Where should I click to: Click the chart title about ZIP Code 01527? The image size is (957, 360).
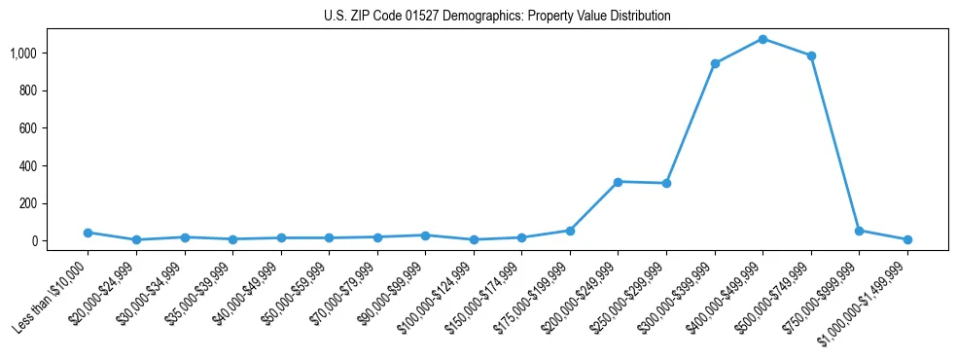coord(497,17)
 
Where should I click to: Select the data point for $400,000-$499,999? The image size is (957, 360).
coord(762,39)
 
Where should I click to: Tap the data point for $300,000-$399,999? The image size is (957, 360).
coord(715,63)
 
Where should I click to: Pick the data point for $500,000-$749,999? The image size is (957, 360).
coord(811,55)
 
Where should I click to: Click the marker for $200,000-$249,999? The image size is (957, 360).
coord(618,182)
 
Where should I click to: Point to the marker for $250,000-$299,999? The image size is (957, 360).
coord(666,183)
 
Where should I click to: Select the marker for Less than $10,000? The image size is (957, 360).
coord(88,233)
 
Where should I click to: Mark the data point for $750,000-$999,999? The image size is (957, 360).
coord(859,231)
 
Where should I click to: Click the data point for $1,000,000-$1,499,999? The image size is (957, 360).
coord(907,239)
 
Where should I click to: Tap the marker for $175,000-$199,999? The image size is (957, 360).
coord(570,231)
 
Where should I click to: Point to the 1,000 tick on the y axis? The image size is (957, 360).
coord(23,53)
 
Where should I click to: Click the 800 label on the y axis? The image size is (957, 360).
coord(28,90)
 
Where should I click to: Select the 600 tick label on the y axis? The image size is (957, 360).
coord(28,127)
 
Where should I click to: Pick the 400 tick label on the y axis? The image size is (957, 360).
coord(28,165)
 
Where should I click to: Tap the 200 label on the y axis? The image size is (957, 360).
coord(28,203)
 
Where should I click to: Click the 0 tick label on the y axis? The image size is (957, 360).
coord(34,240)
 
